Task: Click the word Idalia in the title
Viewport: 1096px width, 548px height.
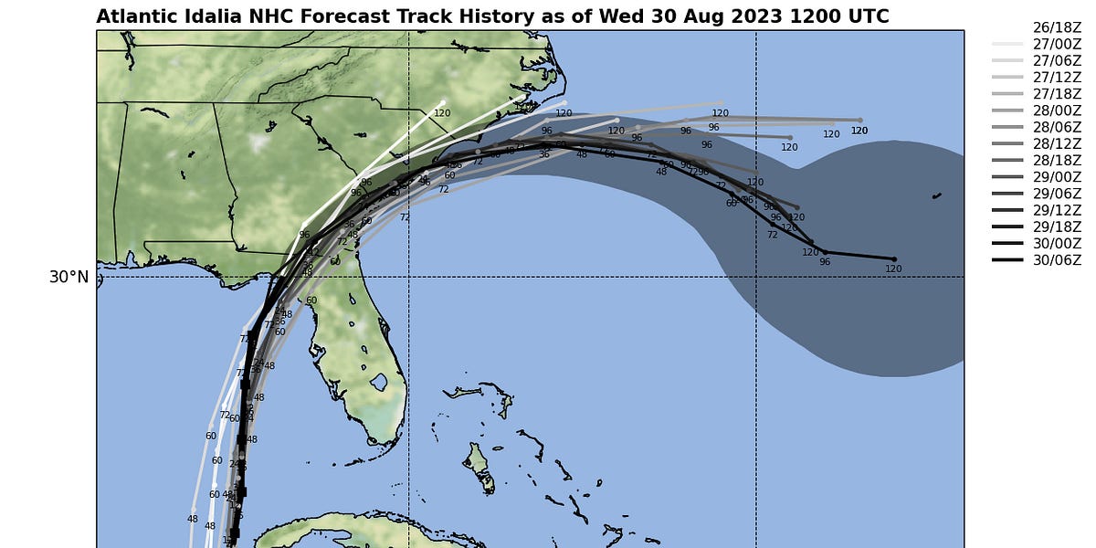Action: (x=202, y=16)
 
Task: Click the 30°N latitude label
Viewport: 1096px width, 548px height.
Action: (x=68, y=277)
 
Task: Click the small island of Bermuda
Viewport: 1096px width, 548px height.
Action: (x=936, y=195)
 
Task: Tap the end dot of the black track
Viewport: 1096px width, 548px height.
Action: (x=893, y=258)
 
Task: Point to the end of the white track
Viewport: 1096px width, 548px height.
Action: (x=443, y=102)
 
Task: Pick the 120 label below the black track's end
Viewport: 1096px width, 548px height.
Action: (x=893, y=269)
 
